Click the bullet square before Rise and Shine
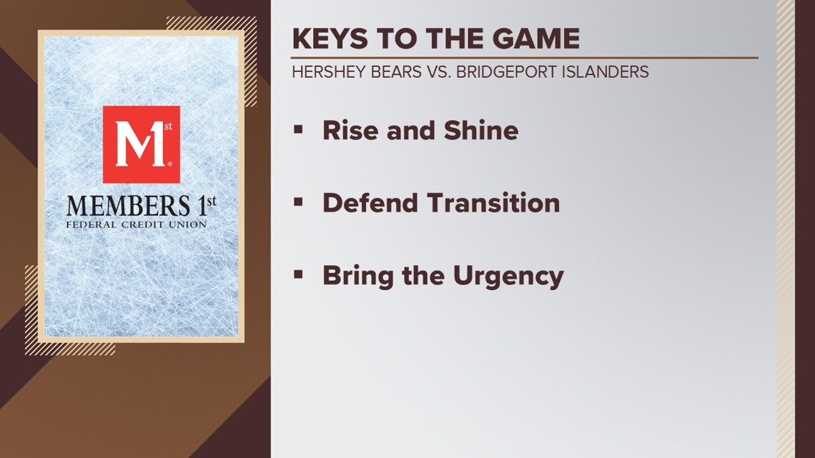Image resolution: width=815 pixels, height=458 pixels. [298, 129]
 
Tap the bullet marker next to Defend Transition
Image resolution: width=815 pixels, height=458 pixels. [298, 202]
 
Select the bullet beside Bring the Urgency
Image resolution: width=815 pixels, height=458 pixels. [298, 274]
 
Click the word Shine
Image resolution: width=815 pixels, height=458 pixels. [481, 130]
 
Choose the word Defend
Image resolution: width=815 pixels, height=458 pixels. [370, 202]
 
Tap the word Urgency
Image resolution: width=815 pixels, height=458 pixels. [508, 277]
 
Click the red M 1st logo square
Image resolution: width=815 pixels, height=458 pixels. [142, 144]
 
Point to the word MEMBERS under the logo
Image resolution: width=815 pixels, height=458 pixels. [129, 206]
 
